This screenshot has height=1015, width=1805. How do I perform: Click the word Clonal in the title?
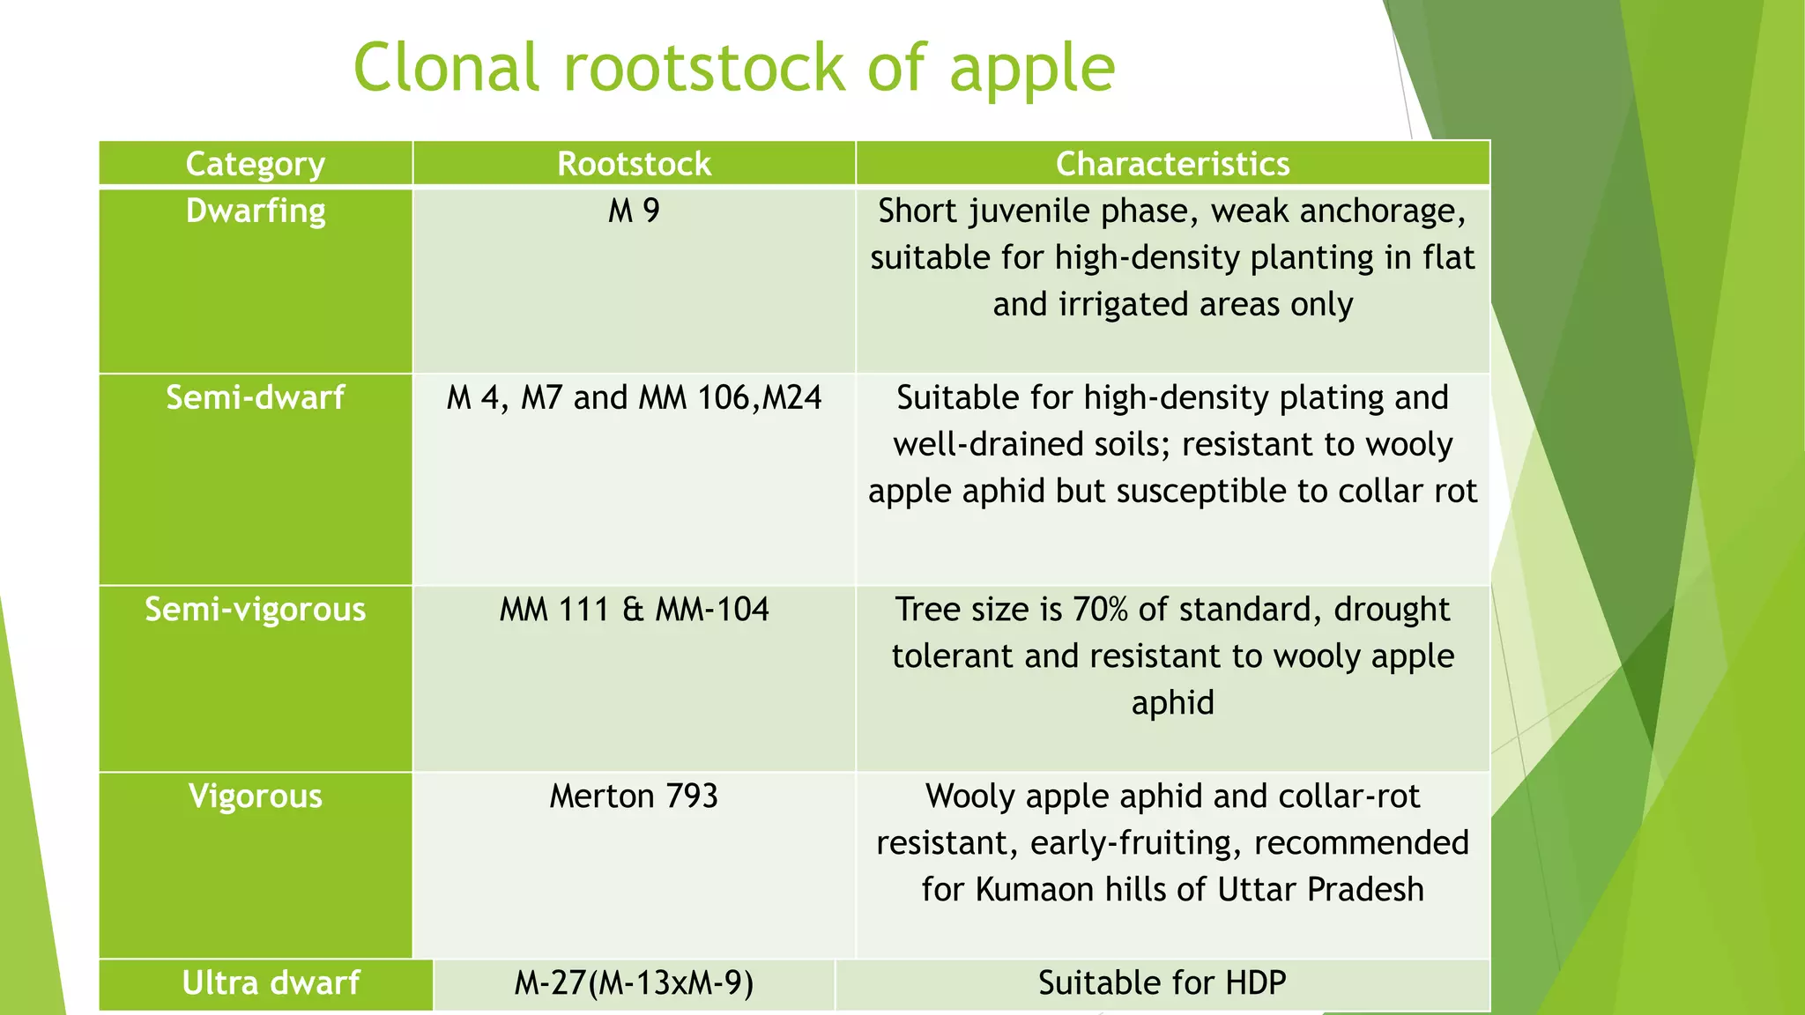(x=445, y=68)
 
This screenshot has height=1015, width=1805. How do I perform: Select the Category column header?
(x=256, y=164)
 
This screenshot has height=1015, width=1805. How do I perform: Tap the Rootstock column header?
(x=634, y=164)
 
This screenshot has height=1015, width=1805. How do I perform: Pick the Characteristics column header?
(x=1172, y=164)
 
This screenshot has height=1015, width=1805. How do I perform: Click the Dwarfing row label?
(x=256, y=211)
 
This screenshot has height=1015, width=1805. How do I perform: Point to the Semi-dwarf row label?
(x=256, y=398)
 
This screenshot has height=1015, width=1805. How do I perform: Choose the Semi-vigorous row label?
(x=256, y=610)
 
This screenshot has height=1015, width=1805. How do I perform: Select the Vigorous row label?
(x=256, y=796)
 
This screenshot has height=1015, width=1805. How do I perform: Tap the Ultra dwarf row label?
(x=271, y=983)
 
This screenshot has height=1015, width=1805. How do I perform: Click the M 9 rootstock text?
(x=634, y=211)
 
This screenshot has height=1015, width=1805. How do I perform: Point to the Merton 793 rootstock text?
(x=634, y=796)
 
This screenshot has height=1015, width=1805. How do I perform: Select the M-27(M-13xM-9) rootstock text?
(x=634, y=983)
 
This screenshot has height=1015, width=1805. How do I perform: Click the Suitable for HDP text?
(x=1162, y=983)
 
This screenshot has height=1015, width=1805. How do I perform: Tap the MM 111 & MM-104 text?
(x=634, y=610)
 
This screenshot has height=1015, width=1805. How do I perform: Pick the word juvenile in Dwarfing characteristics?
(x=1026, y=211)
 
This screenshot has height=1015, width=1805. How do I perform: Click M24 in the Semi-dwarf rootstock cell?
(x=791, y=398)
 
